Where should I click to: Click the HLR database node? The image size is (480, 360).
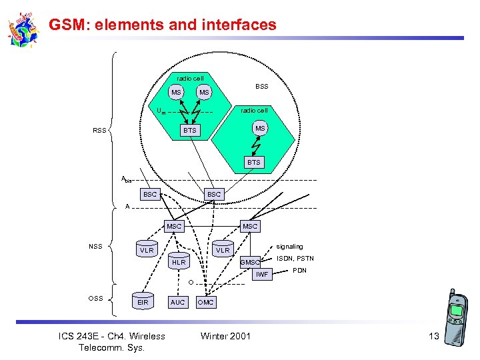click(179, 263)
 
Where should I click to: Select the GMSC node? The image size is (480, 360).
click(250, 262)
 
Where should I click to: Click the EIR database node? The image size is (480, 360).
click(143, 301)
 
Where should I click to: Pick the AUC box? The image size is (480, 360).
click(178, 302)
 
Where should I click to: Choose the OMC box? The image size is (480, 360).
click(206, 302)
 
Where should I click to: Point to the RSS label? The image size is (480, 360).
click(100, 131)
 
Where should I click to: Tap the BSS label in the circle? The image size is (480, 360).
click(262, 87)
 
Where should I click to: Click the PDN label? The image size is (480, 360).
click(299, 270)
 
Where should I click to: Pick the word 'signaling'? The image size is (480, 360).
click(289, 247)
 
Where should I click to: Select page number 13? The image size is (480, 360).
click(433, 336)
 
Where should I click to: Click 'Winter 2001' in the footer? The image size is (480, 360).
click(225, 335)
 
